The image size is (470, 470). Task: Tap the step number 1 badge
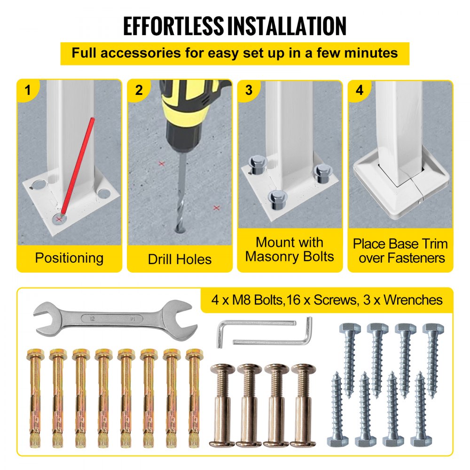coord(28,90)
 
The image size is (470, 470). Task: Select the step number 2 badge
coord(139,90)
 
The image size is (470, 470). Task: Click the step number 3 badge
coord(249,90)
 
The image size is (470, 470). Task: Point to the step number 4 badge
coord(360,90)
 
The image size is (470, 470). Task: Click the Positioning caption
coord(69,258)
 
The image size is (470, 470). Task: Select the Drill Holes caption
coord(180,259)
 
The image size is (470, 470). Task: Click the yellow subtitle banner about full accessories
coord(235,53)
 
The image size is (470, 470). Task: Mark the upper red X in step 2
coord(162,164)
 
